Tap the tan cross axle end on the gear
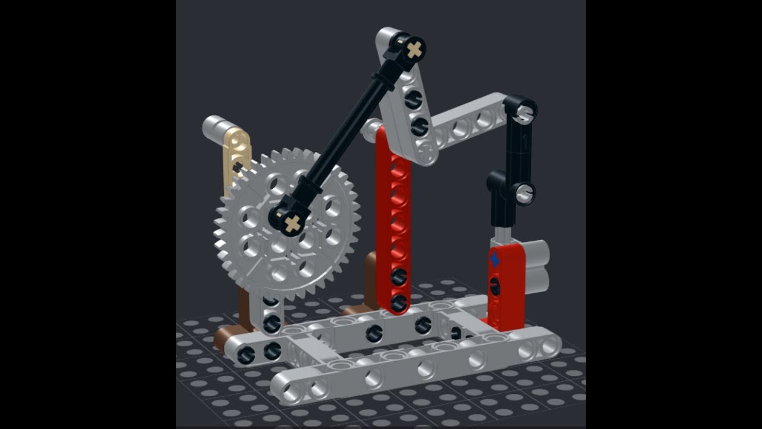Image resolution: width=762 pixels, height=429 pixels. point(292,224)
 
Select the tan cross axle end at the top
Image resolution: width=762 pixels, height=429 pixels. point(414,49)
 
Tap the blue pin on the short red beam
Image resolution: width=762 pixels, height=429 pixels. point(494,260)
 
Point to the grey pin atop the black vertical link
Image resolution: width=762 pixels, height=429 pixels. point(524,111)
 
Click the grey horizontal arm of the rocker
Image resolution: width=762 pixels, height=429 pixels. point(470,122)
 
